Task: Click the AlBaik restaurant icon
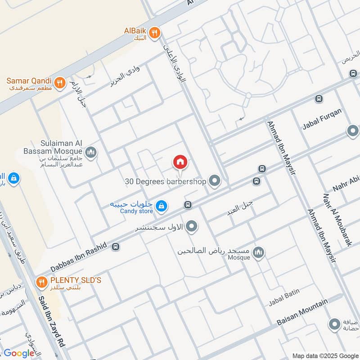(x=154, y=32)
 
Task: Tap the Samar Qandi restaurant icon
(x=59, y=82)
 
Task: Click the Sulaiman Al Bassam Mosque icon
(x=91, y=153)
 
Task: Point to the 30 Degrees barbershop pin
(x=215, y=181)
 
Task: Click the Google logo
(x=19, y=353)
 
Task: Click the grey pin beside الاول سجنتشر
(x=192, y=226)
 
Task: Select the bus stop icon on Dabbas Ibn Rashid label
(x=116, y=247)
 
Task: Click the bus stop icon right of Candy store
(x=188, y=205)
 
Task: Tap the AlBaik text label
(x=135, y=31)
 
